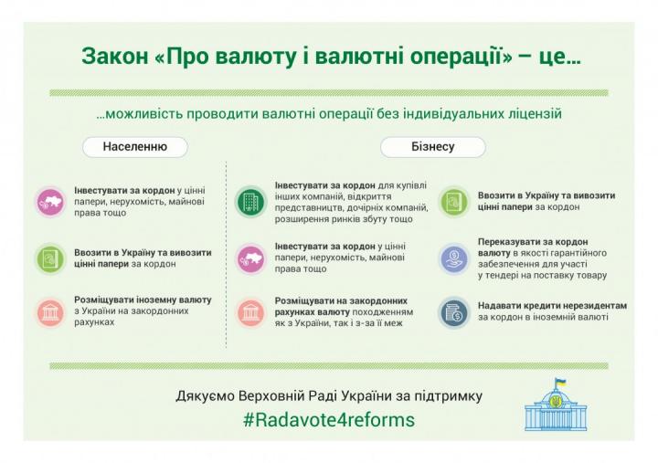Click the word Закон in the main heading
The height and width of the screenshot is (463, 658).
click(115, 57)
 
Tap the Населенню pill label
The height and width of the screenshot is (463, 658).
click(135, 147)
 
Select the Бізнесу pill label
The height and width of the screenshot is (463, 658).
click(433, 147)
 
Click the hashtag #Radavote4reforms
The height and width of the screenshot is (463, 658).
click(329, 420)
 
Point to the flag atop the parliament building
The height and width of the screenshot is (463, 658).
click(560, 382)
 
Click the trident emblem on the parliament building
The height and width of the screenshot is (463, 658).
click(557, 401)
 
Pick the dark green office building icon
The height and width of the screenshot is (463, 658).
click(250, 202)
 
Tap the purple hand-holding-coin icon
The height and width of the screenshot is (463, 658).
click(453, 258)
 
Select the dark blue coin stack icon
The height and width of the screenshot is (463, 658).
click(453, 312)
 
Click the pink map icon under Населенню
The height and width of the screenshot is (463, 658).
click(50, 202)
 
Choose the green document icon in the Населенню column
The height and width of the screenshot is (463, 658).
click(50, 258)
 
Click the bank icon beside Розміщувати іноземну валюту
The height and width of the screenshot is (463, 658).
click(50, 312)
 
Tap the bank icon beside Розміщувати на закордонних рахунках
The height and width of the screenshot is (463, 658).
click(250, 312)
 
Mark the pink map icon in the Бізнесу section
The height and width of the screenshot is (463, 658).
click(250, 259)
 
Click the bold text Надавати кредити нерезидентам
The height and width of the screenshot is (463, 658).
click(552, 306)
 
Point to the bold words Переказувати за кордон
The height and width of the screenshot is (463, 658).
click(533, 242)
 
